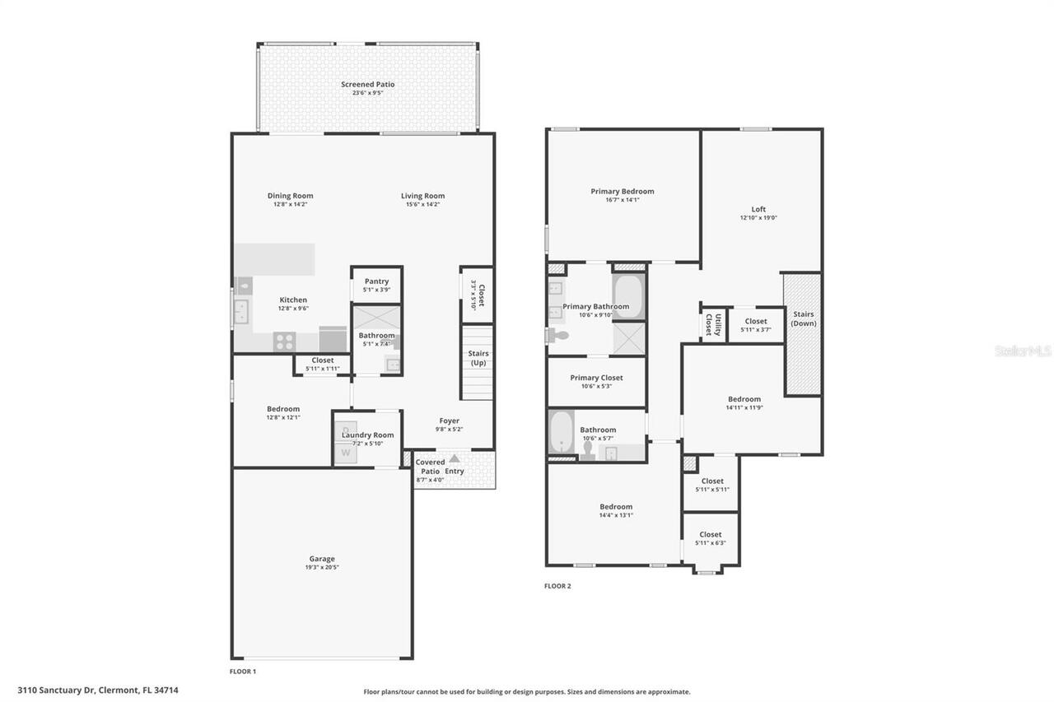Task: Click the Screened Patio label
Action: (x=368, y=84)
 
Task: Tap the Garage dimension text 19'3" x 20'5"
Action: (x=321, y=567)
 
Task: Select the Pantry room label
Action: (x=376, y=281)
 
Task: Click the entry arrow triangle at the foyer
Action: (x=454, y=458)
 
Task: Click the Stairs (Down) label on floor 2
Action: (x=803, y=318)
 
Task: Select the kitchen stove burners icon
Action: (x=285, y=341)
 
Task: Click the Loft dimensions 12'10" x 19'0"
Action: (x=758, y=219)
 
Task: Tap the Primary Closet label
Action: (x=596, y=378)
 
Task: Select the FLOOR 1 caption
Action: (x=243, y=672)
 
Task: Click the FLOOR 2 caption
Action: (x=557, y=586)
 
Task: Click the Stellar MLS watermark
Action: (x=1023, y=351)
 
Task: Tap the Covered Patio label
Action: (x=430, y=467)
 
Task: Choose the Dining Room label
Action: (x=290, y=196)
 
